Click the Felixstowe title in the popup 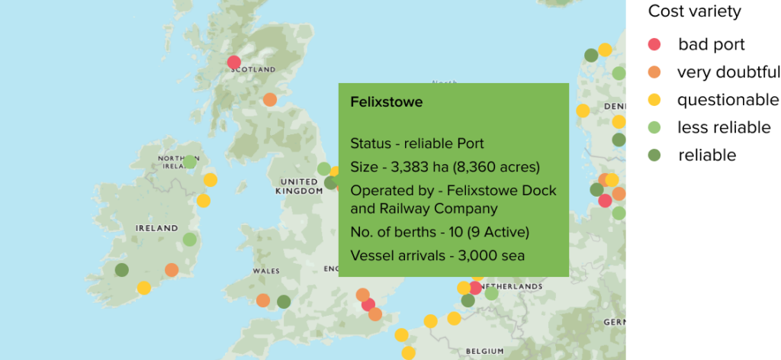coord(386,102)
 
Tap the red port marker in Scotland coord(234,63)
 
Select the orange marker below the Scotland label coord(269,100)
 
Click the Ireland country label coord(156,228)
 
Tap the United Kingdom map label coord(299,186)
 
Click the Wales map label coord(265,271)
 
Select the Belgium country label coord(485,350)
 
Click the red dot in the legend coord(654,44)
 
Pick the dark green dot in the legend coord(654,155)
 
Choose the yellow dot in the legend coord(654,100)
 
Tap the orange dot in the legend coord(654,72)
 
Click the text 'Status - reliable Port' coord(416,143)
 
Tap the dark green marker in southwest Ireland coord(122,269)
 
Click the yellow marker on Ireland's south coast coord(144,288)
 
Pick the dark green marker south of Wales coord(284,301)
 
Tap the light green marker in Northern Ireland coord(190,162)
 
